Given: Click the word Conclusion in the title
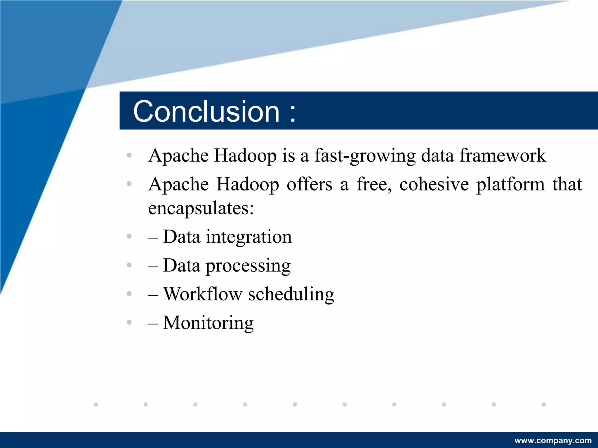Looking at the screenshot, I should [206, 111].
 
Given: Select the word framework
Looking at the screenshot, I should [503, 155].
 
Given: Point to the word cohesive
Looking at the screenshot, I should [434, 185].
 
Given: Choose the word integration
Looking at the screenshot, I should [249, 237].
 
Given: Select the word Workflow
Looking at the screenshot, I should [203, 294].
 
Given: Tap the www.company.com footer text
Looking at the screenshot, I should [553, 440].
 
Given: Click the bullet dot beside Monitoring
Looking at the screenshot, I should [129, 322].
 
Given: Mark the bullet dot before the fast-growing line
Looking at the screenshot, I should [129, 155].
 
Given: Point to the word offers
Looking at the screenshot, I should [310, 184].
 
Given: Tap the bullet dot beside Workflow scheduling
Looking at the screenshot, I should [129, 294].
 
